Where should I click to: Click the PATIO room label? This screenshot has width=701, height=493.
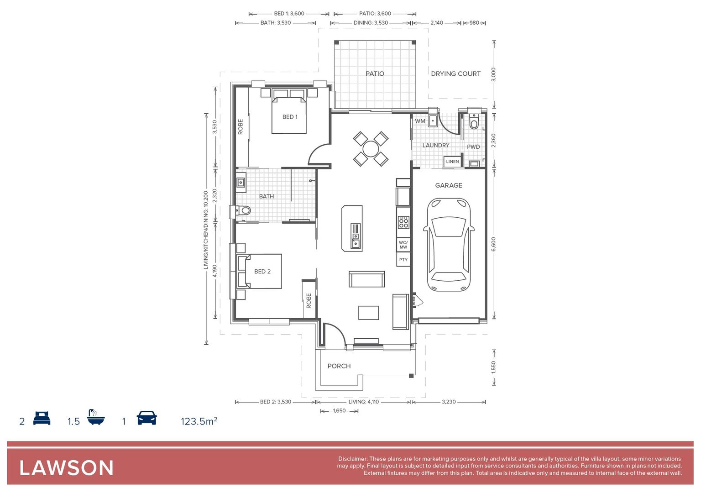coord(375,73)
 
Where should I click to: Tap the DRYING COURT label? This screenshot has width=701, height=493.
coord(455,73)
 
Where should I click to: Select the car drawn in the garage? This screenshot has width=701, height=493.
coord(449,245)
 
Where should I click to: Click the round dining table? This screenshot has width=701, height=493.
coord(371,149)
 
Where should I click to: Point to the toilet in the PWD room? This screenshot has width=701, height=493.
coord(474,122)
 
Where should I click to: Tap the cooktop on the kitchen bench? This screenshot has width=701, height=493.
coord(403,222)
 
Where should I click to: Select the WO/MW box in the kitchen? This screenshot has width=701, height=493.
coord(403,245)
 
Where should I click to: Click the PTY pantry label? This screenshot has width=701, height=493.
coord(403,260)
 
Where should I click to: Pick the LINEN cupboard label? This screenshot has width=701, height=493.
coord(452,162)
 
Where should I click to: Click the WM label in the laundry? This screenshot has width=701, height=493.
coord(420,121)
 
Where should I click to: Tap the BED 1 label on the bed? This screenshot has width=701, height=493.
coord(290,117)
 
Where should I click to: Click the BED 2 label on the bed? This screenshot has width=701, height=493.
coord(262,272)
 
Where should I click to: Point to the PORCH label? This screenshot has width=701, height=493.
coord(339,366)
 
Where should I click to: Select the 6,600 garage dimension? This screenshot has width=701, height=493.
coord(493,244)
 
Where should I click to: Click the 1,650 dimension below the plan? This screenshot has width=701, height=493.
coord(339,411)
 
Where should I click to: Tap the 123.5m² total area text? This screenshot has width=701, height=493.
coord(199,421)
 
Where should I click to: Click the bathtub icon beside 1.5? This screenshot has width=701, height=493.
coord(96,417)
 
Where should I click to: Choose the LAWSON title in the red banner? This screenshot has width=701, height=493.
coord(67,468)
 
